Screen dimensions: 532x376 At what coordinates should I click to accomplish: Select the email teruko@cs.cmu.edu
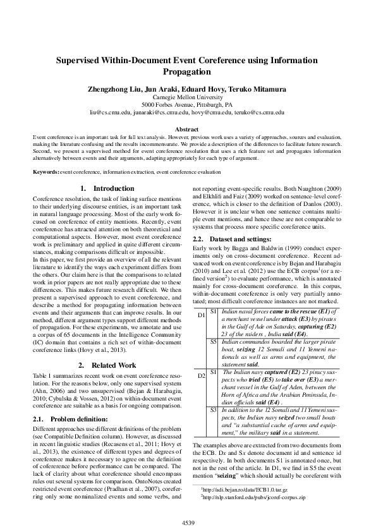click(x=257, y=112)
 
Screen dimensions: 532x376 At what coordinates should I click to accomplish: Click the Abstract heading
click(x=187, y=129)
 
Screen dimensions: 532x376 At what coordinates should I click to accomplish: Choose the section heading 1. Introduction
click(x=107, y=188)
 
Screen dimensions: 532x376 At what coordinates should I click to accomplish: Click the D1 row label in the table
click(x=201, y=315)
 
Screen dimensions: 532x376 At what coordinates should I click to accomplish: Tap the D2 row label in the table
click(x=201, y=376)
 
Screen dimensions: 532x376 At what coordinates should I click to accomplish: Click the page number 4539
click(x=188, y=522)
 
